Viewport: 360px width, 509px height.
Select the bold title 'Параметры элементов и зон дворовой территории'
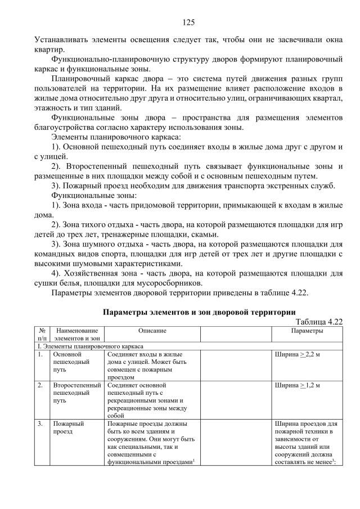coord(199,312)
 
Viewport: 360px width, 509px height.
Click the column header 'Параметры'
coord(307,331)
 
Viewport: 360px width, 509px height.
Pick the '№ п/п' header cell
coord(42,335)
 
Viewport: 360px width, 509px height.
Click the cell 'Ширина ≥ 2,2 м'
coord(298,355)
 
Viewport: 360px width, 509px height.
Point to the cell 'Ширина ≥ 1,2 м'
coord(298,386)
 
